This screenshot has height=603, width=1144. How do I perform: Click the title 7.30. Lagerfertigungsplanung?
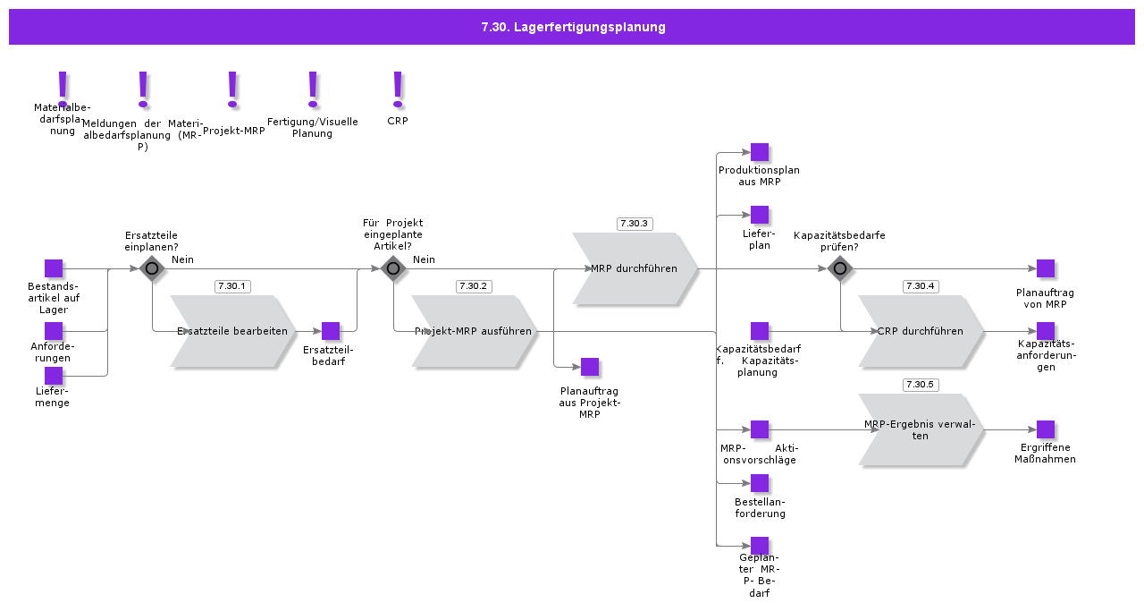click(x=573, y=27)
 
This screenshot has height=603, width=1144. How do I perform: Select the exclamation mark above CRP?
click(x=398, y=88)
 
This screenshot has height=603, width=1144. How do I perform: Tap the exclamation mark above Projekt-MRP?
click(x=232, y=88)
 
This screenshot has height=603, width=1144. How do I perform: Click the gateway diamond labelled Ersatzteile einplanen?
click(x=152, y=268)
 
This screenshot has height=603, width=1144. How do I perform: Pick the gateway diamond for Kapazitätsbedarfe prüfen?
click(x=840, y=268)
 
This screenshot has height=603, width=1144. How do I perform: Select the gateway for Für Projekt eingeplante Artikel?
click(x=393, y=268)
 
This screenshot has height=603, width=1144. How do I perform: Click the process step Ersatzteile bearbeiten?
click(x=232, y=331)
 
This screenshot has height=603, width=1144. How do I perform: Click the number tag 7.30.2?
click(x=474, y=286)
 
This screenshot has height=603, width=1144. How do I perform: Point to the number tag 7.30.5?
click(x=921, y=385)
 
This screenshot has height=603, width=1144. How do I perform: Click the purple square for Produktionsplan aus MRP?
click(x=760, y=152)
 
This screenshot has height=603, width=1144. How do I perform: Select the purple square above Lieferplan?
click(x=760, y=215)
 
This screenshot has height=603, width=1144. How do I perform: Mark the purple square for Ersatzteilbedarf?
click(x=331, y=331)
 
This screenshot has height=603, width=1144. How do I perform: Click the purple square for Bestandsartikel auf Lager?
click(x=54, y=268)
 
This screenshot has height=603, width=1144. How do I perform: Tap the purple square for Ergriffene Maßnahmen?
click(x=1046, y=429)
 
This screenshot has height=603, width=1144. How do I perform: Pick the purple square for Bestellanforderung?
click(x=760, y=483)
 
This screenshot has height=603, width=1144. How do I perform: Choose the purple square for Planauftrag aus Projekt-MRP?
click(x=590, y=367)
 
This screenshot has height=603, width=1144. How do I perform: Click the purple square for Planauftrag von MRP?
click(x=1046, y=268)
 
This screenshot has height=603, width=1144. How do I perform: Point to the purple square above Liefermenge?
click(x=54, y=376)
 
